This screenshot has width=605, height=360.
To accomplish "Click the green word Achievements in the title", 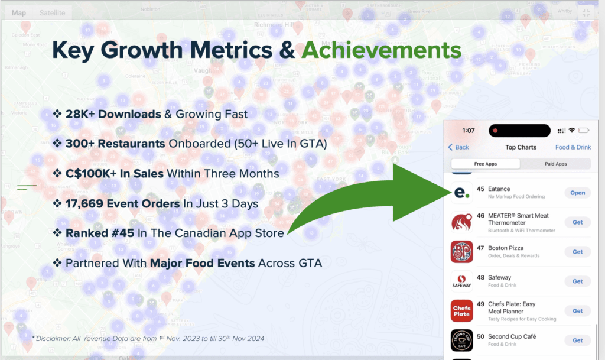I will tap(381, 50).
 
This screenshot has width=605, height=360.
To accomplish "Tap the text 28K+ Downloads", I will tap(113, 113).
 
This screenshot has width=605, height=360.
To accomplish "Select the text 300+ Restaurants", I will tap(115, 143).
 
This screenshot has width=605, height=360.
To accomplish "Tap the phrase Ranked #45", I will tap(100, 233).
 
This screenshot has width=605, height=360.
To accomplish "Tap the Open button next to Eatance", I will tap(577, 193).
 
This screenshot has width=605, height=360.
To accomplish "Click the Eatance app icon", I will tap(461, 193).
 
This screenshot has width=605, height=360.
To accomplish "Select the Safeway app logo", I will tap(461, 281).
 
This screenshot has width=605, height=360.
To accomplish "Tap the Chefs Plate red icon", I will tap(461, 311).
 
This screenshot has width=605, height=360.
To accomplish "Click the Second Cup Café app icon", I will tap(461, 340).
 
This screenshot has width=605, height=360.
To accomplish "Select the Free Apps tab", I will tap(486, 164).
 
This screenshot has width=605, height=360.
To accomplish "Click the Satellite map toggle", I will tap(53, 12).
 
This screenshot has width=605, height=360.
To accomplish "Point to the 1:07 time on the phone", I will tap(469, 130).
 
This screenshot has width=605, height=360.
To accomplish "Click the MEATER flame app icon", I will tap(461, 222).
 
